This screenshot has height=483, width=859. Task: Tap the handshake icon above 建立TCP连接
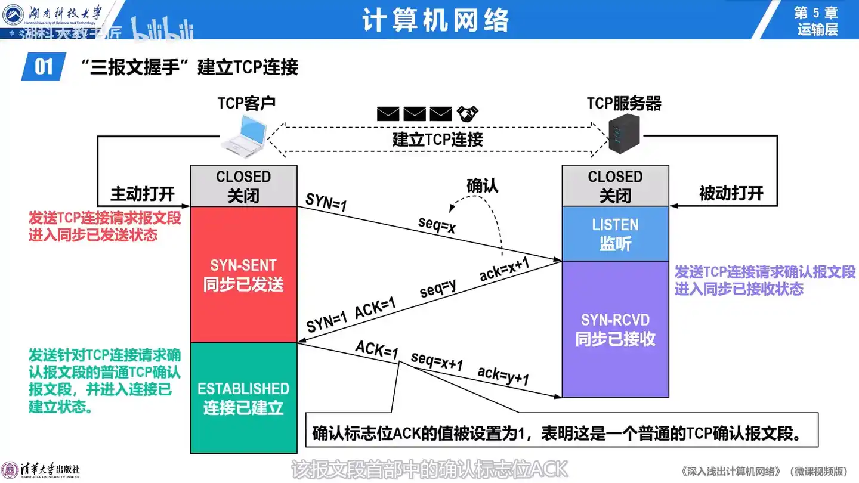(468, 113)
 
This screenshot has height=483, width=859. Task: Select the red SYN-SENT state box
(243, 275)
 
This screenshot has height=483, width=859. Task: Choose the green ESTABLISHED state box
(243, 398)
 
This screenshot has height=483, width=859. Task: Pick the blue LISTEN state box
(615, 234)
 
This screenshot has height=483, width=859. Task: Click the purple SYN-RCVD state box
(615, 329)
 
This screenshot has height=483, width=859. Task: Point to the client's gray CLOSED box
(243, 185)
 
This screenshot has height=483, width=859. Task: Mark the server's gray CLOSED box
(615, 185)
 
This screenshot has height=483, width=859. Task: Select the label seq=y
(438, 289)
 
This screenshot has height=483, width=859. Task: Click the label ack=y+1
(503, 376)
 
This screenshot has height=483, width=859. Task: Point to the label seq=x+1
(437, 361)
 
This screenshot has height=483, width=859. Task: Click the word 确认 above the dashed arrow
(482, 185)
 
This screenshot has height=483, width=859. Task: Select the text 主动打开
(142, 194)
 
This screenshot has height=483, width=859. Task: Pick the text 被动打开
(731, 194)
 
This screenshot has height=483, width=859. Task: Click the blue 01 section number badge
(44, 66)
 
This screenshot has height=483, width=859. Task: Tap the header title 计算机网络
(435, 21)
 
